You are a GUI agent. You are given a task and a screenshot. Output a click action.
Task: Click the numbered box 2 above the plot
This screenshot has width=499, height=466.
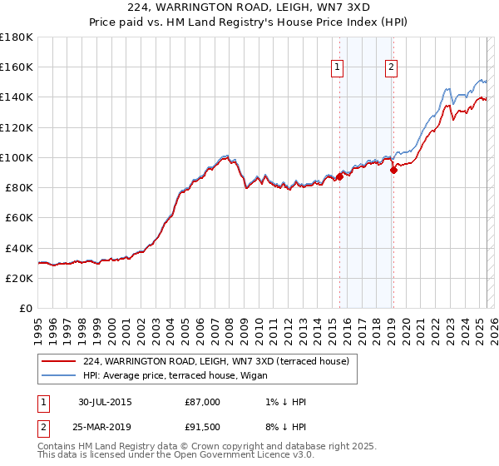pyautogui.click(x=391, y=68)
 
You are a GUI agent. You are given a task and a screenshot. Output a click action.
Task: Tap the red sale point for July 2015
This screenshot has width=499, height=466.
pyautogui.click(x=340, y=176)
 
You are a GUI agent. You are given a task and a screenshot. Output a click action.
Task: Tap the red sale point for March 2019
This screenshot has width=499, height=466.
pyautogui.click(x=393, y=170)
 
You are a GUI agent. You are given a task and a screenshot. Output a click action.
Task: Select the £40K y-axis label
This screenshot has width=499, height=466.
pyautogui.click(x=18, y=248)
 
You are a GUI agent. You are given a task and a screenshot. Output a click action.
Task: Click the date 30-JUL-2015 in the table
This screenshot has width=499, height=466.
pyautogui.click(x=104, y=403)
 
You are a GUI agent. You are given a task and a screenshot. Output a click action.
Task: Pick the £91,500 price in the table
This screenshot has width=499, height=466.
pyautogui.click(x=203, y=427)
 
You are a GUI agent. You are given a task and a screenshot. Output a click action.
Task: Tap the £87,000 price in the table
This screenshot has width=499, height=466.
pyautogui.click(x=203, y=403)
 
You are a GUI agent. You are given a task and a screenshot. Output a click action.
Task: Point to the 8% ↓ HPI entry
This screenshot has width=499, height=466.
pyautogui.click(x=287, y=427)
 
